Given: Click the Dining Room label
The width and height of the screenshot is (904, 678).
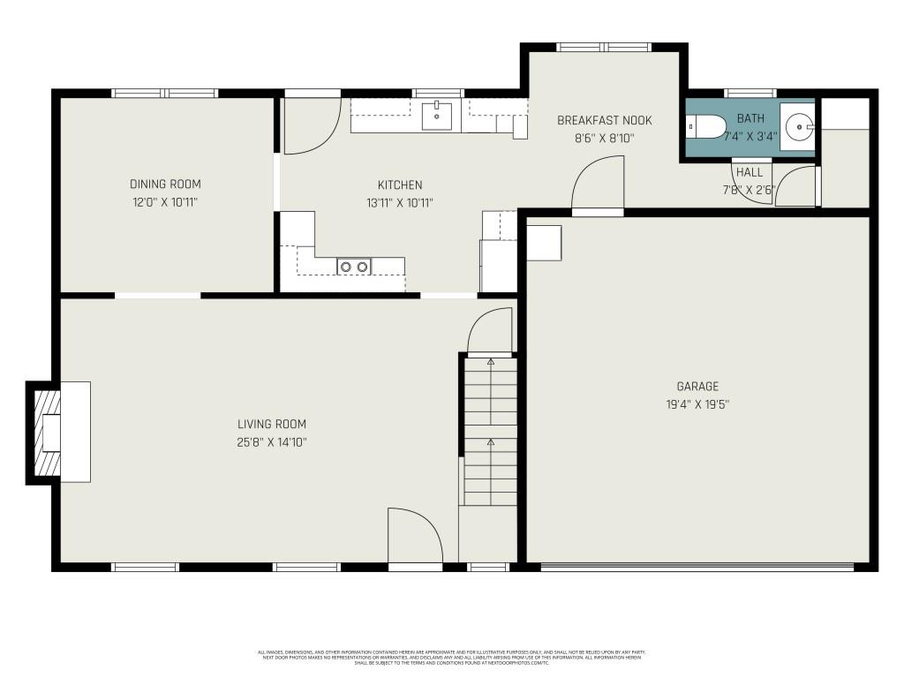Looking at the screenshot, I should pos(165,185).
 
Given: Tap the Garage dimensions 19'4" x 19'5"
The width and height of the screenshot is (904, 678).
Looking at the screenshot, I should pos(697,404).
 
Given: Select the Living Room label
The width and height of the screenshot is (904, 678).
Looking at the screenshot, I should pos(272,425).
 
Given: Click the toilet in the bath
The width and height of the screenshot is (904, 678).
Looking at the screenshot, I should pos(706,127).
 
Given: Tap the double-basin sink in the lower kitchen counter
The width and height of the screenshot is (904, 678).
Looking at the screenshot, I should pos(354,266).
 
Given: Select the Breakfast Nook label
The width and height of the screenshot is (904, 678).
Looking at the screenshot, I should pos(605,120).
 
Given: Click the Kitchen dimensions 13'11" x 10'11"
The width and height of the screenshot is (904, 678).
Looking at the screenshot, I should pos(400,203).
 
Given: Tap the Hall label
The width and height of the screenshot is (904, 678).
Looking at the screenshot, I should pos(750,172).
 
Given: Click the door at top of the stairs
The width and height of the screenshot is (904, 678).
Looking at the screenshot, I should pos(491,328).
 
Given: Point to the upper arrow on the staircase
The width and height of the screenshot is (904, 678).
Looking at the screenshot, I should pos(491,362).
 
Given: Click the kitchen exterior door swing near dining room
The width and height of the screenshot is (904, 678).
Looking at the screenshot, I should pos(311,124).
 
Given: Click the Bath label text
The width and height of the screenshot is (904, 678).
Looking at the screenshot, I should pos(750,118).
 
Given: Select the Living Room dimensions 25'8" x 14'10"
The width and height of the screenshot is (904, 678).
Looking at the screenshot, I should pos(272,442).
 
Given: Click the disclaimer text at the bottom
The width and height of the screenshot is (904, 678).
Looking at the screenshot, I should pos(452,658).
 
